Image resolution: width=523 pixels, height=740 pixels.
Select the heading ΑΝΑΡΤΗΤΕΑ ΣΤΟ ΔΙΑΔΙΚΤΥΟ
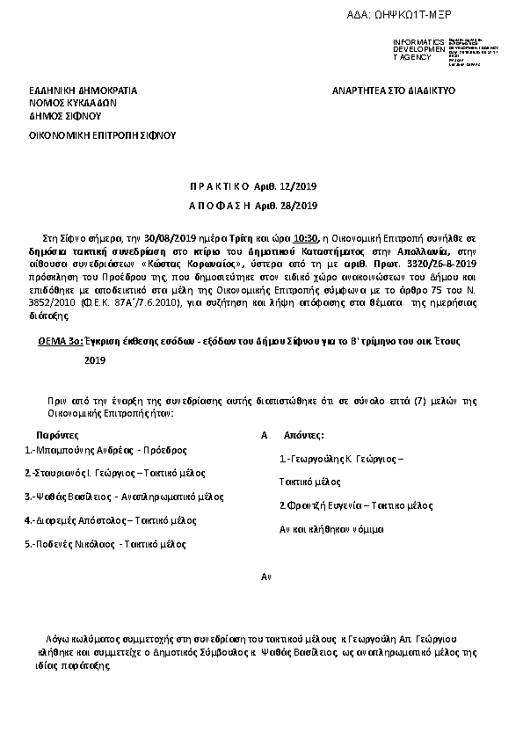pos(393,91)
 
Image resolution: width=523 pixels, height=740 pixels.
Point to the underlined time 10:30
pos(306,237)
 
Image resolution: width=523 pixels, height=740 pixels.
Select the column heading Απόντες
pos(304,435)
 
